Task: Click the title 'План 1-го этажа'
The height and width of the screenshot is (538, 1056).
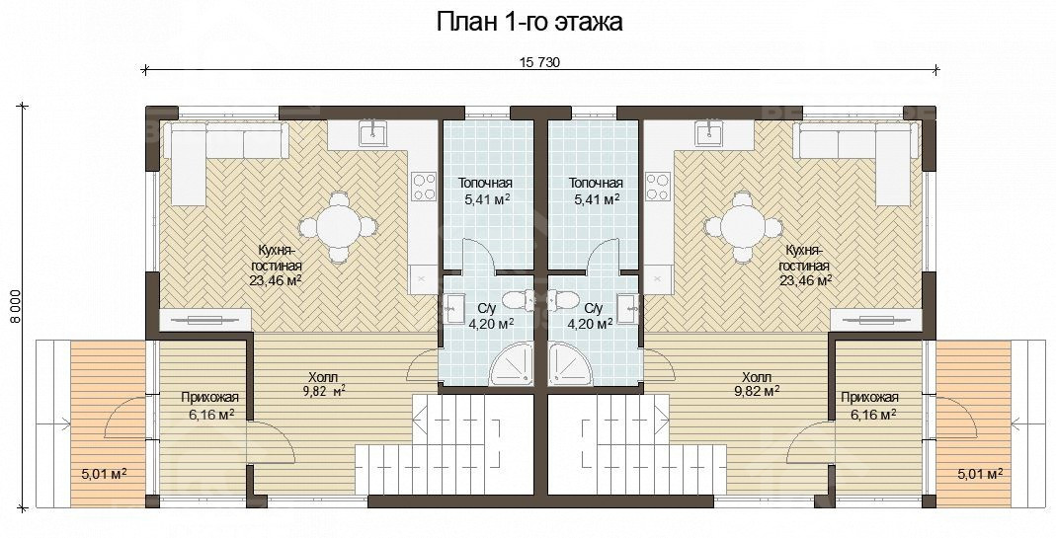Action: (x=529, y=22)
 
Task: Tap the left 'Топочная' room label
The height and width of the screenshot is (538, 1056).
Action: (x=485, y=184)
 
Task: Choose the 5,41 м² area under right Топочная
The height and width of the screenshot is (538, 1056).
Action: (x=597, y=199)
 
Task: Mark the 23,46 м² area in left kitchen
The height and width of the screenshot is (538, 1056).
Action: (x=276, y=280)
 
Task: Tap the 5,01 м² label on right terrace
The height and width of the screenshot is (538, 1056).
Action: (x=980, y=475)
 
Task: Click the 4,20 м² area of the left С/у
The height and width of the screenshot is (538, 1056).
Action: (x=491, y=323)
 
